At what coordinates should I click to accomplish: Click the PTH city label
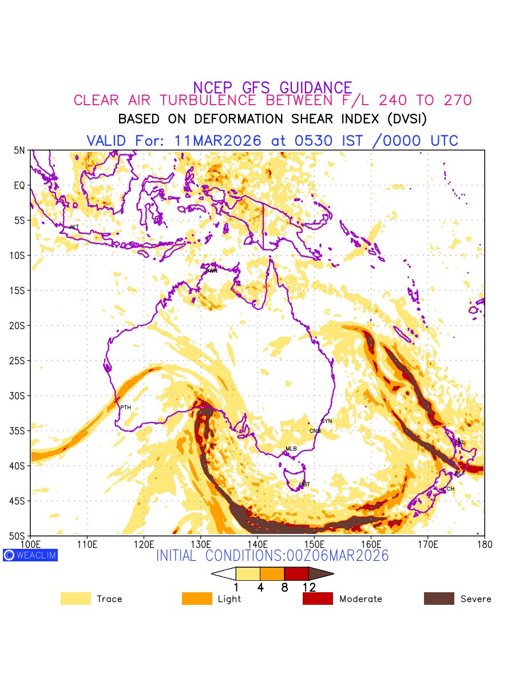tap(125, 408)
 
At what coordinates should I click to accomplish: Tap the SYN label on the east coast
tap(327, 421)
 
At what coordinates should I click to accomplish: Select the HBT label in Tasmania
tap(304, 484)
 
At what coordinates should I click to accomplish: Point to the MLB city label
tap(291, 449)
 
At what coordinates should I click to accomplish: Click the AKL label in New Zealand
tap(459, 442)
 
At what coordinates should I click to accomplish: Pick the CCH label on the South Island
tap(449, 489)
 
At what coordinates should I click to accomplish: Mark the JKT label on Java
tap(74, 227)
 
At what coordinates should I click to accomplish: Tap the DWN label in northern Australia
tap(212, 271)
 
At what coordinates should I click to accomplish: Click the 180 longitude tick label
tap(485, 543)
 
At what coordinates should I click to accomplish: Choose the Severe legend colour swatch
tap(439, 599)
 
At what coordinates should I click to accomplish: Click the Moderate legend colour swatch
tap(318, 599)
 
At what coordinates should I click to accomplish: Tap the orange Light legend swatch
tap(197, 599)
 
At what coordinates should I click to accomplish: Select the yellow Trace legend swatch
tap(76, 599)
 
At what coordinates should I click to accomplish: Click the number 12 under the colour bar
tap(308, 587)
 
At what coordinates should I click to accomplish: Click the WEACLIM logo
tap(30, 555)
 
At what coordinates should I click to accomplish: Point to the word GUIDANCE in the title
tap(316, 87)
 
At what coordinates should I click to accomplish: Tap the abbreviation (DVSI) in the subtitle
tap(407, 119)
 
